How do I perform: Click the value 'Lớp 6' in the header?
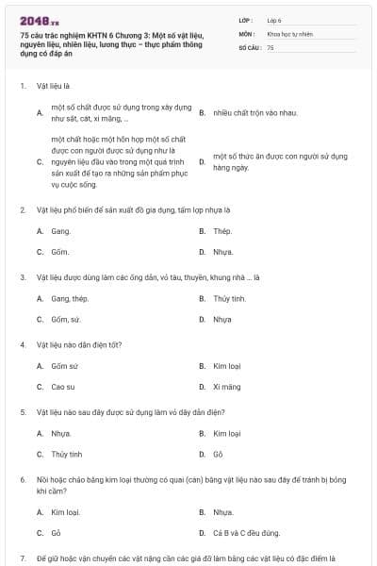tap(274, 19)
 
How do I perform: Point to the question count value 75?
tap(270, 46)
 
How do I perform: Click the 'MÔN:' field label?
tap(246, 33)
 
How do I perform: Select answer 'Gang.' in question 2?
tap(61, 231)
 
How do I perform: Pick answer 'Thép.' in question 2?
tap(223, 231)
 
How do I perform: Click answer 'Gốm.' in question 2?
tap(61, 252)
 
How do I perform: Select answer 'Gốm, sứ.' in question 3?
tap(67, 319)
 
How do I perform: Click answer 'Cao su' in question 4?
tap(64, 387)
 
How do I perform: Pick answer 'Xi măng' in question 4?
tap(227, 387)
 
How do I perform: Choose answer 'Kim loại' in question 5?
tap(228, 433)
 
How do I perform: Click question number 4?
tap(23, 345)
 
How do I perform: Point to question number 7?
tap(23, 558)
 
